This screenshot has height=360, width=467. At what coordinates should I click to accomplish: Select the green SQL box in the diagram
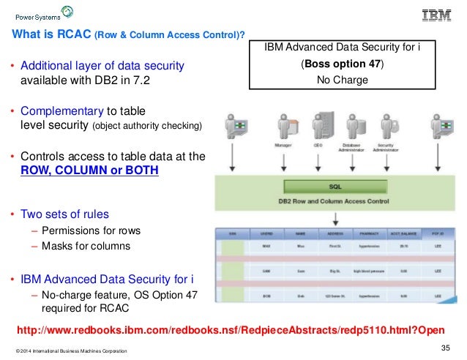[335, 187]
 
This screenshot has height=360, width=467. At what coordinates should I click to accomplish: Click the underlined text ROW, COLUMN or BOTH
[88, 170]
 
